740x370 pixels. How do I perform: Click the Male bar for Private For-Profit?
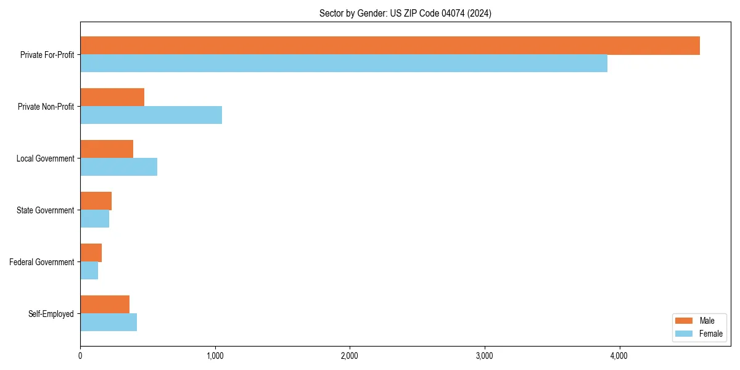pyautogui.click(x=390, y=46)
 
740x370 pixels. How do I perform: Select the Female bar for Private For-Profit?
pyautogui.click(x=343, y=64)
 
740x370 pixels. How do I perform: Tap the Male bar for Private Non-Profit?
pyautogui.click(x=112, y=97)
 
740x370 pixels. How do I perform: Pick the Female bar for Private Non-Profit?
pyautogui.click(x=151, y=115)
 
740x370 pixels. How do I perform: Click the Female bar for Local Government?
pyautogui.click(x=118, y=167)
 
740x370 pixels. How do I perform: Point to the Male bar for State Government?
pyautogui.click(x=96, y=201)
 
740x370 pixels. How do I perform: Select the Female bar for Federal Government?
pyautogui.click(x=89, y=271)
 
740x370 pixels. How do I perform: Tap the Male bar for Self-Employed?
pyautogui.click(x=105, y=305)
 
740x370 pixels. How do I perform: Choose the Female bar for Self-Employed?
pyautogui.click(x=109, y=323)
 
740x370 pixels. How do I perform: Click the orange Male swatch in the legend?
pyautogui.click(x=684, y=321)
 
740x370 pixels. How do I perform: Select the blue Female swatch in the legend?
pyautogui.click(x=684, y=334)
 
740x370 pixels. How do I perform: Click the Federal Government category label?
pyautogui.click(x=42, y=262)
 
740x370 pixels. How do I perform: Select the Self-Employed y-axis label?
pyautogui.click(x=51, y=314)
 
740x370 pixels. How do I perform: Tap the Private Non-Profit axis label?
pyautogui.click(x=46, y=107)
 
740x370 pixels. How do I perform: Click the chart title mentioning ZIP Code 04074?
pyautogui.click(x=405, y=13)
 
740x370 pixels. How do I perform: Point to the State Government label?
pyautogui.click(x=46, y=210)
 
